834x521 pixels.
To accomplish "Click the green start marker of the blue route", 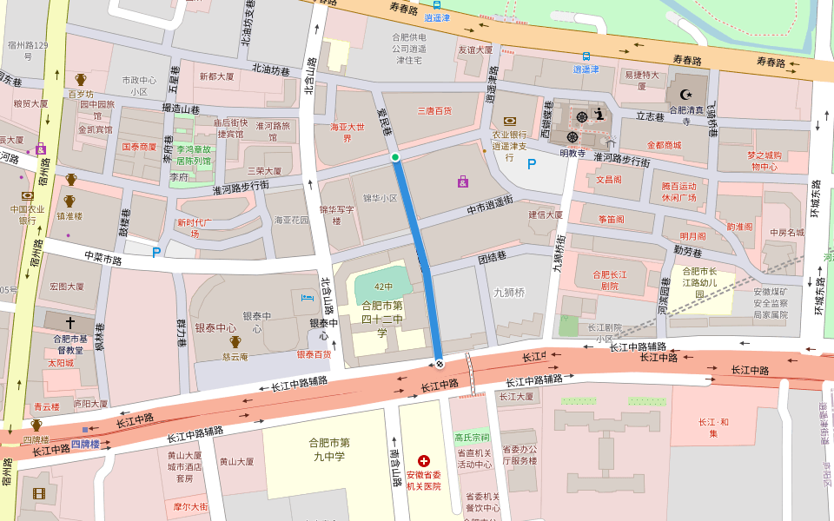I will click(395, 157).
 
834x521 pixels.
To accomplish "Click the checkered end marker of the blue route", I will click(440, 363).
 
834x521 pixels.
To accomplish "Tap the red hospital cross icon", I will click(423, 461).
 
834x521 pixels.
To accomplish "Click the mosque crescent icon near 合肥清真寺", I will click(687, 93).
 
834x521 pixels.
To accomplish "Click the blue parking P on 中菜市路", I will click(156, 253).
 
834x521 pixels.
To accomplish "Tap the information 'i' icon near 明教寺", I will click(599, 113).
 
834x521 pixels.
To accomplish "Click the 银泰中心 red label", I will click(215, 327).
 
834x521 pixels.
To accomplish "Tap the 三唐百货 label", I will click(435, 110).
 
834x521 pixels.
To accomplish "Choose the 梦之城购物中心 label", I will click(764, 161).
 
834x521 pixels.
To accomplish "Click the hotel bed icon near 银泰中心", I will click(306, 299).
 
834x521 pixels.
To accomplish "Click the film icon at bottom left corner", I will click(38, 493).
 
